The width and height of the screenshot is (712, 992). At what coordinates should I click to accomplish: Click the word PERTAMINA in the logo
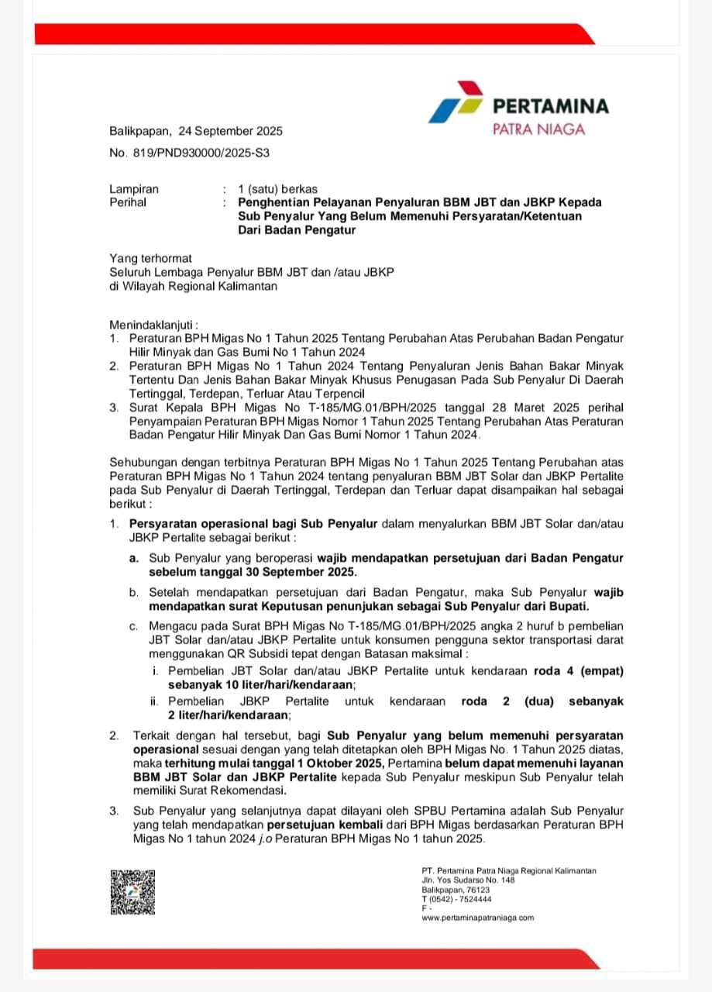pyautogui.click(x=550, y=106)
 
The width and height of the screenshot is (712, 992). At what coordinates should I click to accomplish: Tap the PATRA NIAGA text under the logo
pyautogui.click(x=538, y=129)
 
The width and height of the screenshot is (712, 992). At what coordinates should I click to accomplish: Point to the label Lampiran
pyautogui.click(x=134, y=189)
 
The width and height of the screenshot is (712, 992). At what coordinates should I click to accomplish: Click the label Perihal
pyautogui.click(x=128, y=202)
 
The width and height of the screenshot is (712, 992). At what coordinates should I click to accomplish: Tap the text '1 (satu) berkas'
pyautogui.click(x=277, y=189)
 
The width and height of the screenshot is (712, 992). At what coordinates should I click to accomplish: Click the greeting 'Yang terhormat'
pyautogui.click(x=150, y=259)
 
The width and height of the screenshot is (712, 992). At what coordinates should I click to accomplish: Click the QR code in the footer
pyautogui.click(x=132, y=892)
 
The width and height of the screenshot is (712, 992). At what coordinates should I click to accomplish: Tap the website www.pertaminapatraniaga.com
pyautogui.click(x=477, y=918)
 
